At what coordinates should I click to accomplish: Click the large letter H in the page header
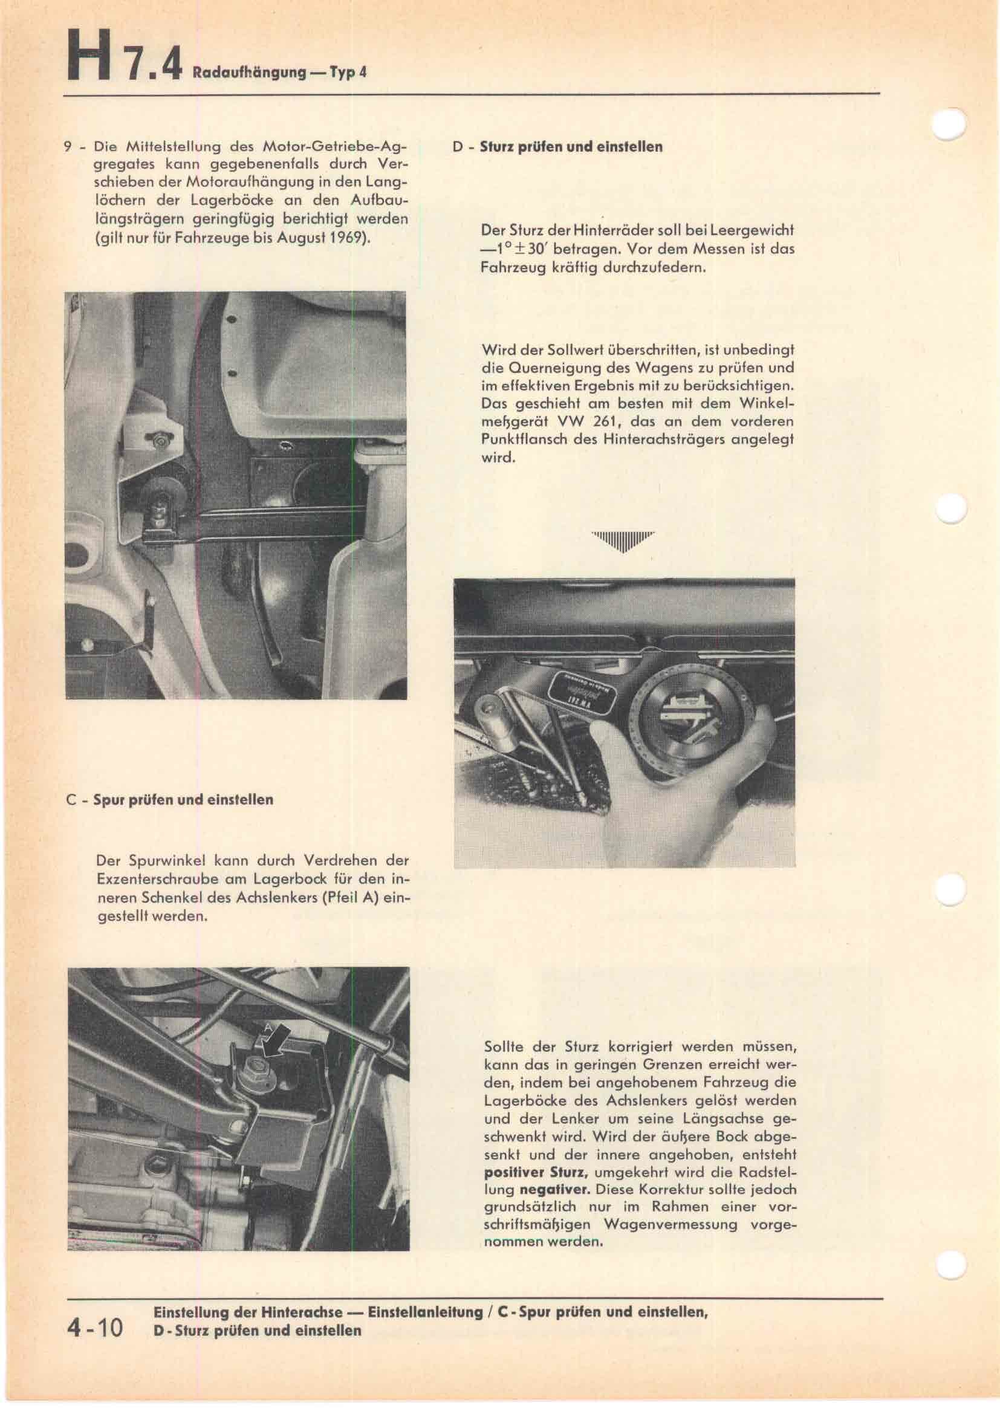(x=91, y=58)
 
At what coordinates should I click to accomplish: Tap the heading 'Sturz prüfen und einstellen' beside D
(x=571, y=147)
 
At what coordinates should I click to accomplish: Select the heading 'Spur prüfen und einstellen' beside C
(x=183, y=800)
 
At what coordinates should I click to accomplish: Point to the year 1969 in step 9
(x=346, y=238)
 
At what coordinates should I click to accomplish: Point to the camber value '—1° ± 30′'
(x=511, y=250)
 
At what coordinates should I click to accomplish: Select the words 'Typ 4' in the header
(x=348, y=72)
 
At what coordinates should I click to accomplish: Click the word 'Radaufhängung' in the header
(x=248, y=72)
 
